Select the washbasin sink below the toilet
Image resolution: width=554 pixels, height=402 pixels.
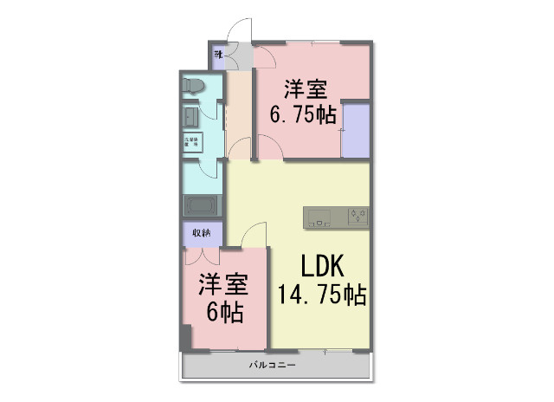pos(191,115)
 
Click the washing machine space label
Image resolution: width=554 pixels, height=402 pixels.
pos(190,140)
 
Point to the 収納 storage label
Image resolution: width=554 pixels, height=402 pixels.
pos(201,233)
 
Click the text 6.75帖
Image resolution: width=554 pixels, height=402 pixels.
pos(303,115)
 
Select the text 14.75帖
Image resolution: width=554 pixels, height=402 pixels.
pos(321,295)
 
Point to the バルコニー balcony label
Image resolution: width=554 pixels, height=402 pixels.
pos(273,366)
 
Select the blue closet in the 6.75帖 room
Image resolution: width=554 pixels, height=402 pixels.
pos(355,130)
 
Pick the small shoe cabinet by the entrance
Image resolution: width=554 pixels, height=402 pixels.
pos(219,59)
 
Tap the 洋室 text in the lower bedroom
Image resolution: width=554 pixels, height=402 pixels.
pos(223,285)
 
